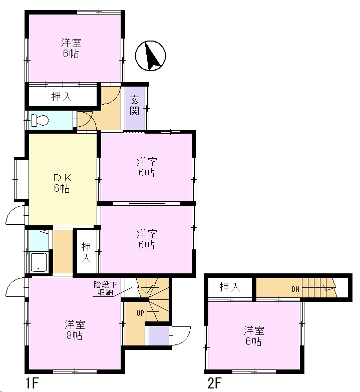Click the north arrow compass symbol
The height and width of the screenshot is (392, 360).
150,56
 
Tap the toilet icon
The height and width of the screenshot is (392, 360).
40,121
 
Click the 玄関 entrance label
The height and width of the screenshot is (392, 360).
135,105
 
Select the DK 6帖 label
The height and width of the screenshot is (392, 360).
62,183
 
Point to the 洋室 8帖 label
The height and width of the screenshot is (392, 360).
75,330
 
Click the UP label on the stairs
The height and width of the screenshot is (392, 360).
140,313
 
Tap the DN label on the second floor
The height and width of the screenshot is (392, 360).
295,289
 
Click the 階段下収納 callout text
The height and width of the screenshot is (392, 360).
105,288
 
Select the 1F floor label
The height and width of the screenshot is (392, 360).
32,383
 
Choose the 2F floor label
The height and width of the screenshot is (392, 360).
214,383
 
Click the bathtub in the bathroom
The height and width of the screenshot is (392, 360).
39,263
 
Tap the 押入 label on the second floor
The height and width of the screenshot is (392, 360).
230,287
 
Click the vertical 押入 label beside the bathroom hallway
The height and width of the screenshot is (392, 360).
86,252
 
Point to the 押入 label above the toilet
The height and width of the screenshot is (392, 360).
62,97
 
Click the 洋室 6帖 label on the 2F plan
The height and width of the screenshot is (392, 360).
254,336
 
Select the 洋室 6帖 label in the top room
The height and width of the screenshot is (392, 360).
72,48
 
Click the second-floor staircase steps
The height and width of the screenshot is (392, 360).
319,287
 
